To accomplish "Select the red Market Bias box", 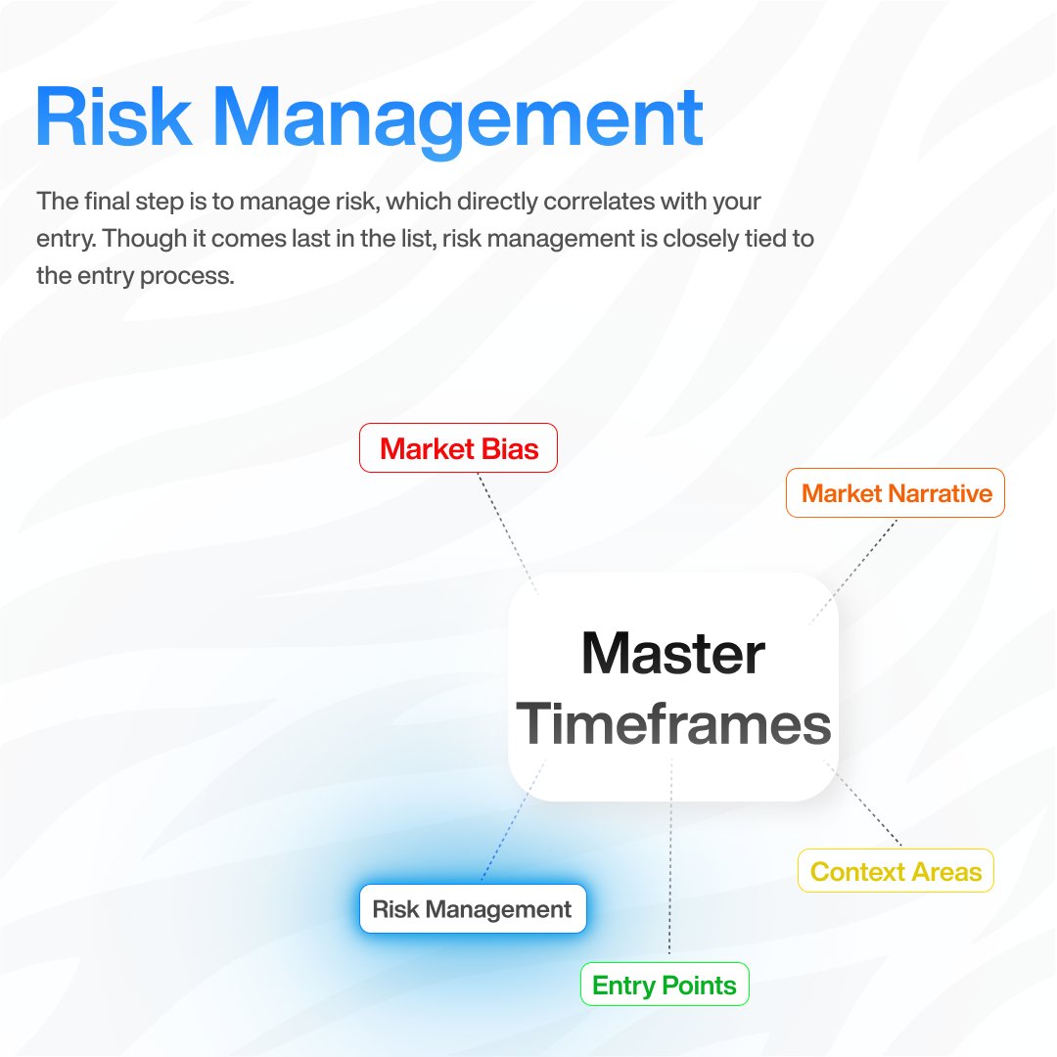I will tap(458, 448).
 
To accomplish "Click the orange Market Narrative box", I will tap(896, 493).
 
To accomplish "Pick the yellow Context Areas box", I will tap(896, 871).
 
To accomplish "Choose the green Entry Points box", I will tap(665, 984).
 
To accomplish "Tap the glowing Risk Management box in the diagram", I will tap(472, 909).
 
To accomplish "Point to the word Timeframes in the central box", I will tap(673, 724).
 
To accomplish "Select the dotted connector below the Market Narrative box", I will tap(853, 570).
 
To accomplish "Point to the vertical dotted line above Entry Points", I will tap(670, 861).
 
